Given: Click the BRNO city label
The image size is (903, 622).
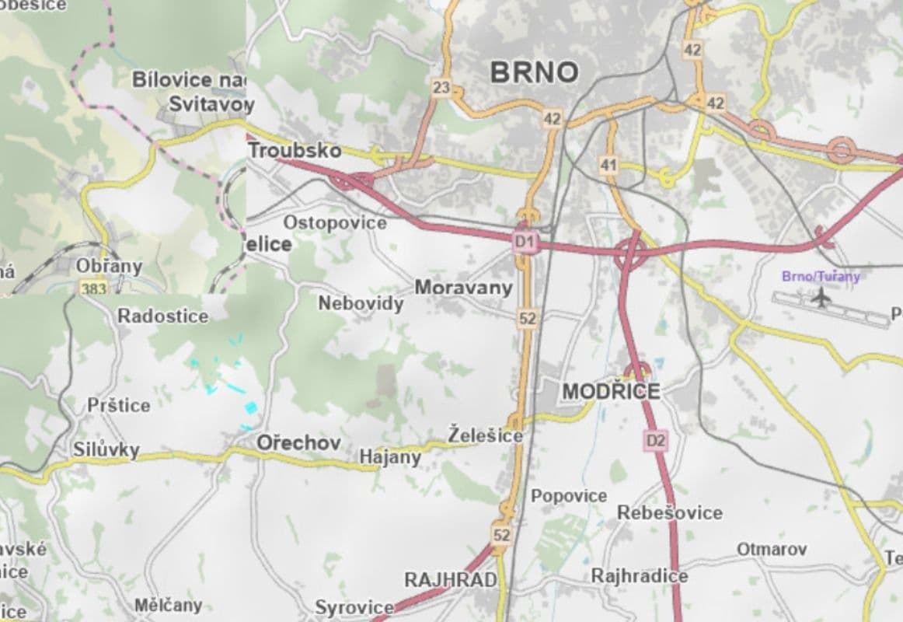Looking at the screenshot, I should pyautogui.click(x=535, y=73).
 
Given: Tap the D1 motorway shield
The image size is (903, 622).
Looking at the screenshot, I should pyautogui.click(x=525, y=243).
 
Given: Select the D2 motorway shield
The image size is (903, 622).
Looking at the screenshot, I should pyautogui.click(x=656, y=441).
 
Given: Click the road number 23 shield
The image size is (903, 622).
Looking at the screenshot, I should pyautogui.click(x=441, y=88).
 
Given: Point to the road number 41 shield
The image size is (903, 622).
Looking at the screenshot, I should pyautogui.click(x=608, y=165).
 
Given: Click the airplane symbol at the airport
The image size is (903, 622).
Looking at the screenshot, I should pyautogui.click(x=820, y=296).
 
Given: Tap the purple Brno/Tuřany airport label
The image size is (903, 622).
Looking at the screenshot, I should pyautogui.click(x=821, y=276).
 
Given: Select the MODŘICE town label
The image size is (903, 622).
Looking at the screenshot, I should pyautogui.click(x=611, y=391).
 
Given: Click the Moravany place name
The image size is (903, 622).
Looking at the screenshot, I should pyautogui.click(x=463, y=288).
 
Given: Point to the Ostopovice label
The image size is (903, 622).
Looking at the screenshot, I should pyautogui.click(x=334, y=223).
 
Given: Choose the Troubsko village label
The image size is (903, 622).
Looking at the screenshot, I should pyautogui.click(x=295, y=149).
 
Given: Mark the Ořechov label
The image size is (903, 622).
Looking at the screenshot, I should pyautogui.click(x=298, y=442).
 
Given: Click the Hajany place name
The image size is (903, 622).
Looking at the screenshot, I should pyautogui.click(x=390, y=457).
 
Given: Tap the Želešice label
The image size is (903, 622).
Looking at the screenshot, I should pyautogui.click(x=485, y=435).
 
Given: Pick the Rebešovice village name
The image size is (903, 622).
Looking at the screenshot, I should pyautogui.click(x=669, y=512).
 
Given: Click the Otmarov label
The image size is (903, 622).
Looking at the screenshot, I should pyautogui.click(x=772, y=549).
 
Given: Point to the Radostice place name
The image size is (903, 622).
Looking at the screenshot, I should pyautogui.click(x=163, y=316).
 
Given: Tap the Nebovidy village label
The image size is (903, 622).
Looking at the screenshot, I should pyautogui.click(x=361, y=302).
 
